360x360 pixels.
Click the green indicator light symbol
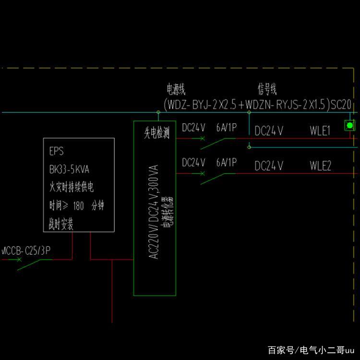pyautogui.click(x=350, y=125)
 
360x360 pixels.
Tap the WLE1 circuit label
pyautogui.click(x=320, y=131)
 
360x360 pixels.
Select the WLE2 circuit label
pyautogui.click(x=320, y=166)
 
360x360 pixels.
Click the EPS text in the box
pyautogui.click(x=57, y=152)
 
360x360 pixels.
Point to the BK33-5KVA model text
pyautogui.click(x=69, y=169)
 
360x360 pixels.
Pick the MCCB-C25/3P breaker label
pyautogui.click(x=26, y=250)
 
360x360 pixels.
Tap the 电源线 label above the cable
pyautogui.click(x=176, y=89)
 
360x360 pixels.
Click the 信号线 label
pyautogui.click(x=267, y=89)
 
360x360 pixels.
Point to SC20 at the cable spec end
pyautogui.click(x=341, y=104)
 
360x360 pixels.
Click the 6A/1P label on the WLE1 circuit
pyautogui.click(x=226, y=128)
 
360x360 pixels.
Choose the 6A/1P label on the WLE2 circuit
pyautogui.click(x=226, y=162)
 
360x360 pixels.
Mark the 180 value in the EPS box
pyautogui.click(x=78, y=206)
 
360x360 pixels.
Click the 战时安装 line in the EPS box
pyautogui.click(x=61, y=224)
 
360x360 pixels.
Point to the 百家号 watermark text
pyautogui.click(x=280, y=349)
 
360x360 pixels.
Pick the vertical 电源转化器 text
pyautogui.click(x=168, y=211)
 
